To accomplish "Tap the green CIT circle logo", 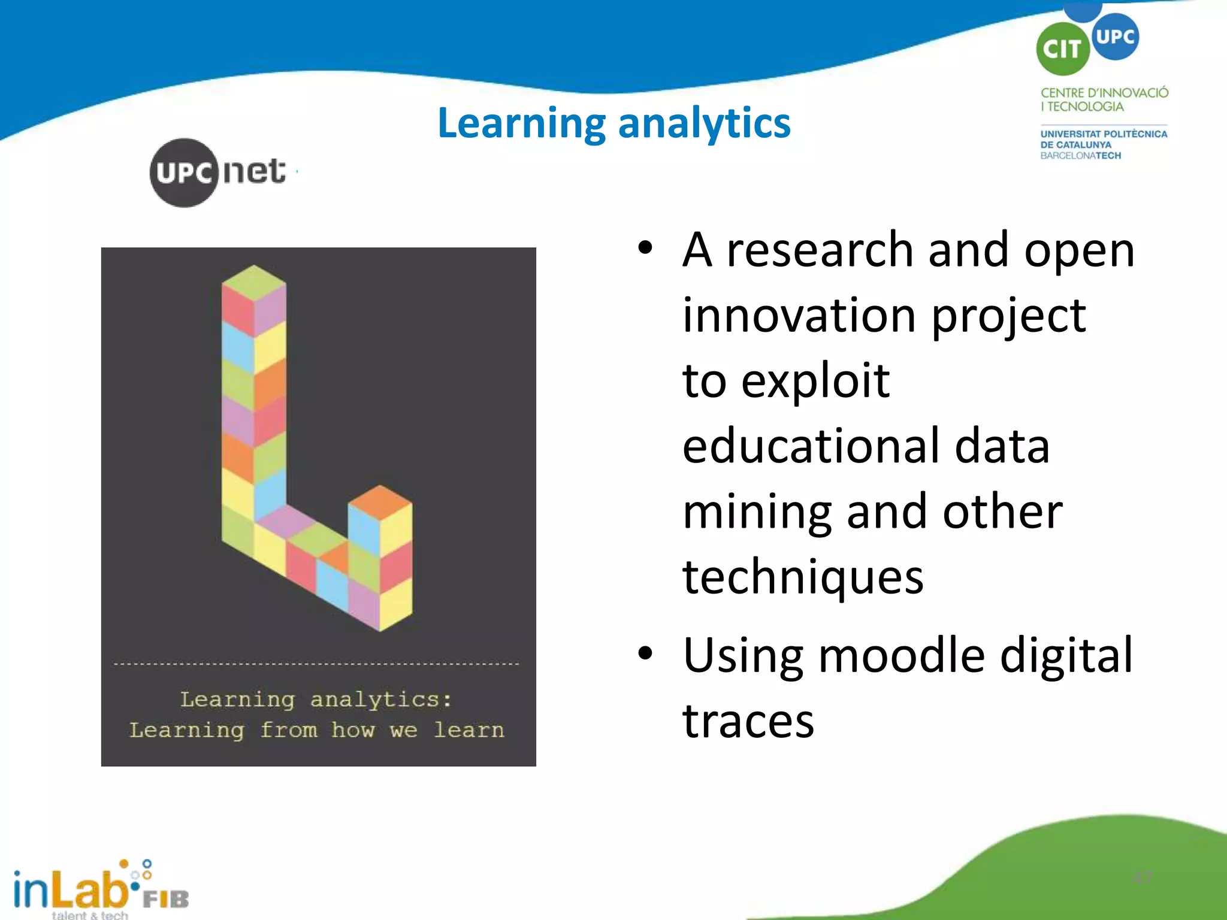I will [1062, 49].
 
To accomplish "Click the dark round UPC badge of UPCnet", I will [184, 173].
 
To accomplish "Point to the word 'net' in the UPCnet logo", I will [254, 172].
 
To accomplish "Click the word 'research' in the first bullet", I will [820, 250].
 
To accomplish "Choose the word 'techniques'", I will [803, 577].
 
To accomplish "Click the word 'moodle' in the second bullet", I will [901, 655].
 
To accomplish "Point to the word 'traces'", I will [748, 721].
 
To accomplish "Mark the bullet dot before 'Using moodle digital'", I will [645, 653].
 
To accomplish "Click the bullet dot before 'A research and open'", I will [645, 248].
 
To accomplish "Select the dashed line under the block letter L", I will [316, 664].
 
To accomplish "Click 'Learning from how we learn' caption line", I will [317, 730].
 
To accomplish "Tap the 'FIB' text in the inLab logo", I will [166, 898].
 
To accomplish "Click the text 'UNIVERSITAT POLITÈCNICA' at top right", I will [1104, 134].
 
